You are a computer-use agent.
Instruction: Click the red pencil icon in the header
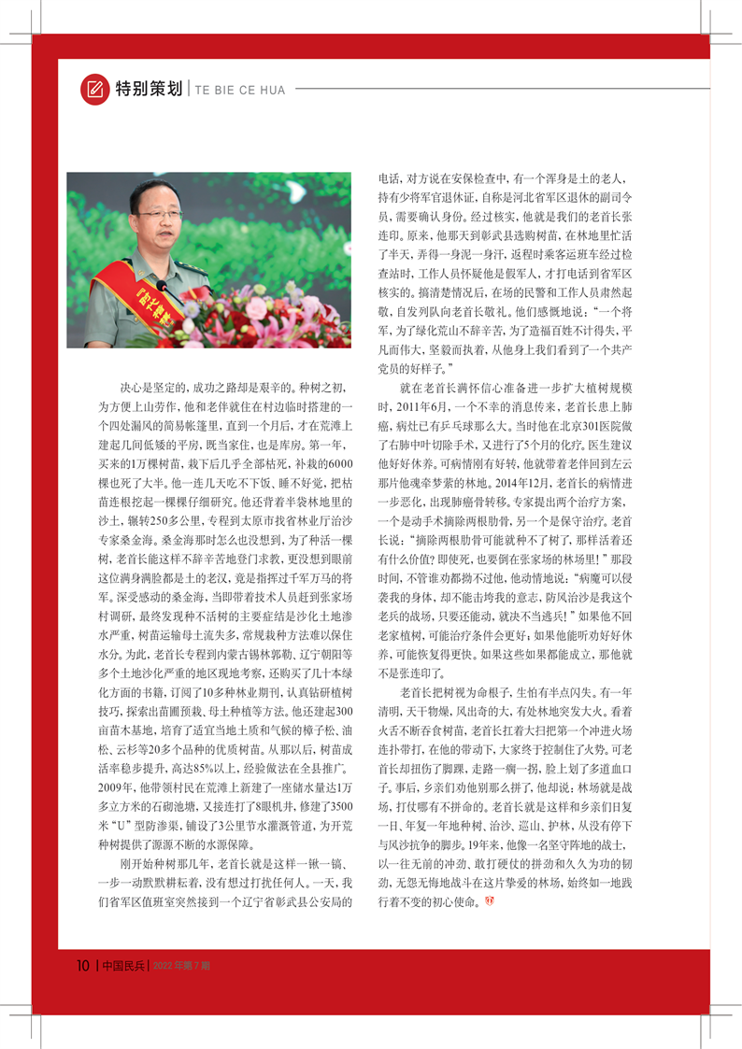click(94, 89)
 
